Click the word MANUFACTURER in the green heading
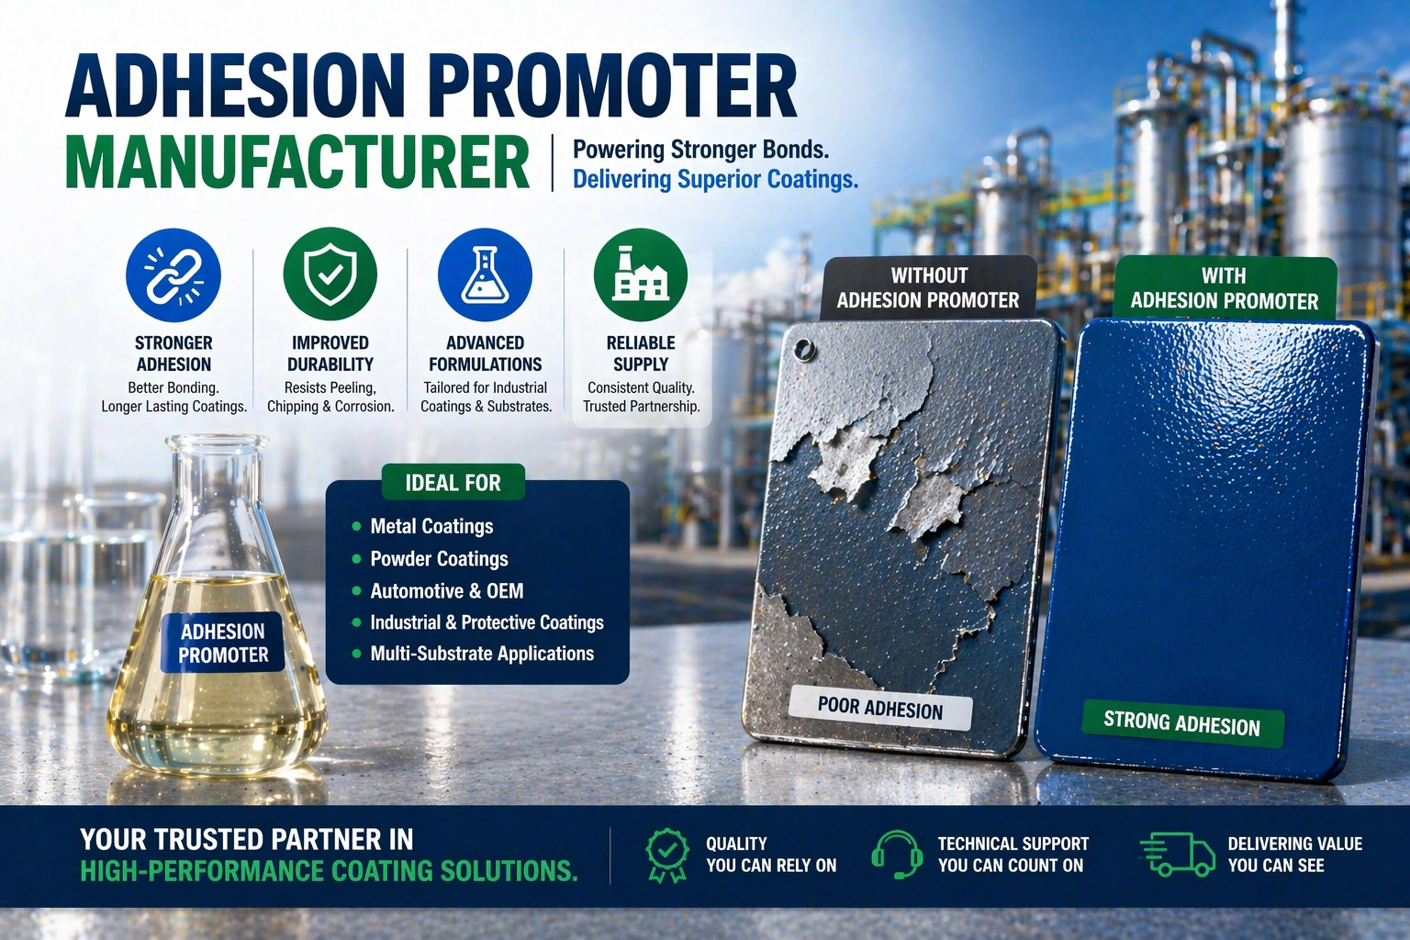point(297,162)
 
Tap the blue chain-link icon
point(173,275)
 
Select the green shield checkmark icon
point(330,275)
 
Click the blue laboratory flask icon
point(486,275)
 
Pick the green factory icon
point(641,275)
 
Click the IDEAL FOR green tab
point(453,482)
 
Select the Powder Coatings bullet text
point(439,559)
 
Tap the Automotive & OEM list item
point(447,590)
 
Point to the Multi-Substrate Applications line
point(482,654)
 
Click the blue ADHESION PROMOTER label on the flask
point(223,643)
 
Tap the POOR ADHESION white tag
point(880,709)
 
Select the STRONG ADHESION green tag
point(1182,723)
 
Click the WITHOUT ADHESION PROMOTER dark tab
point(928,288)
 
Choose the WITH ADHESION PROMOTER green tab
point(1225,288)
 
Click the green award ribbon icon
point(667,855)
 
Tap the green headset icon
point(897,855)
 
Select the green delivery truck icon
point(1178,855)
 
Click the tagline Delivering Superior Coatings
point(715,180)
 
